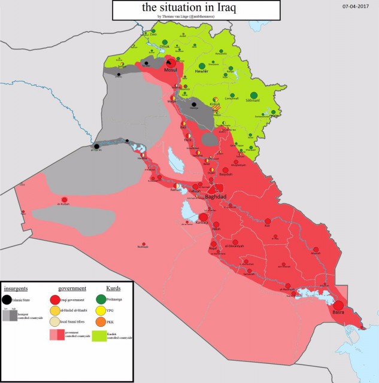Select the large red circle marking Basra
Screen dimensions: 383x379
[339, 305]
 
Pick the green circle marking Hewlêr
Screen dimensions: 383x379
[202, 65]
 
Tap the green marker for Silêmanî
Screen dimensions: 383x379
[254, 95]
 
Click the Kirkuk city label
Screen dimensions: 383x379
[215, 104]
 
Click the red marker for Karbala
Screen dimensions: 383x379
[203, 217]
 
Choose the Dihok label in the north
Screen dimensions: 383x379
[165, 46]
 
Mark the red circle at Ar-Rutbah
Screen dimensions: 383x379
[65, 200]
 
